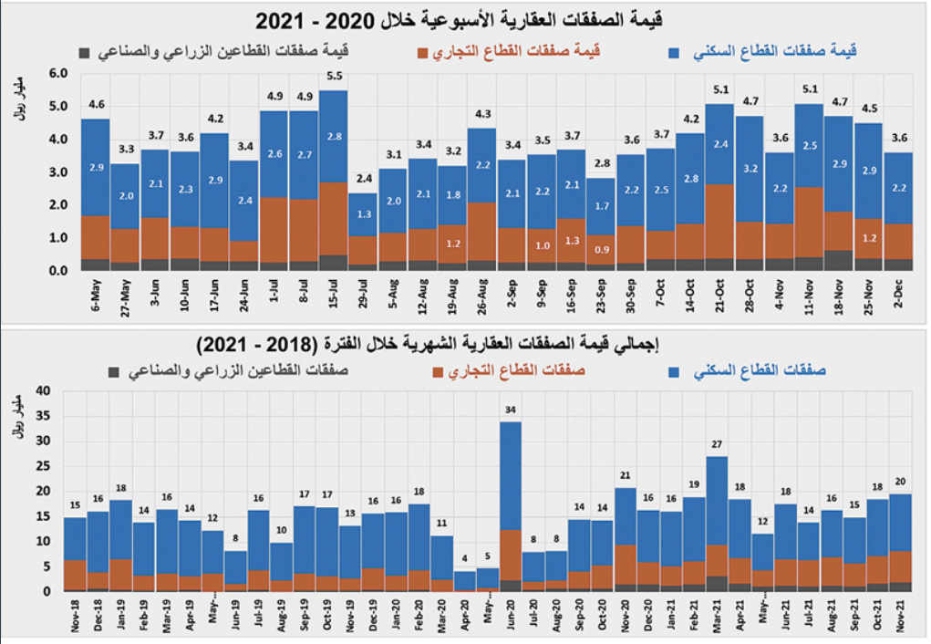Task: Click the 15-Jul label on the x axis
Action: click(334, 294)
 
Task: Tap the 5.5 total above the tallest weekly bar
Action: click(334, 76)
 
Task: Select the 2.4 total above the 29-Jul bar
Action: click(363, 179)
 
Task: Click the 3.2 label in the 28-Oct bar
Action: click(750, 168)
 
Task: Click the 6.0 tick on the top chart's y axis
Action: click(58, 73)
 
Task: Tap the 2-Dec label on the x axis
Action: click(899, 292)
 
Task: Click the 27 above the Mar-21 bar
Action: click(717, 444)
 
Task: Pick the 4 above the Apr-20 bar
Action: click(465, 559)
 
